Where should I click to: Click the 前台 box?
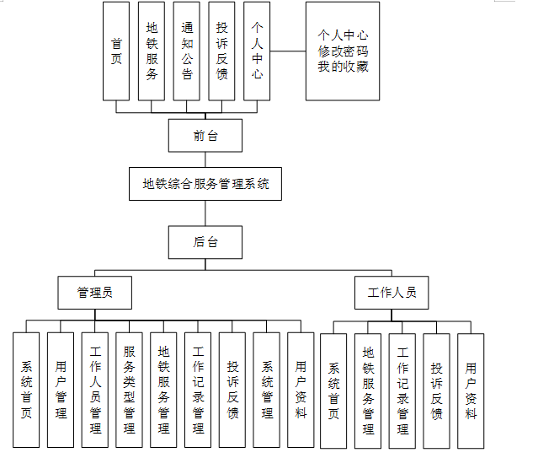[205, 136]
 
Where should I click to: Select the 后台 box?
[205, 242]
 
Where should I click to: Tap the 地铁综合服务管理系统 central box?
[205, 183]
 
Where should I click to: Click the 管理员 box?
[94, 293]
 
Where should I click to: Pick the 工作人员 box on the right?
[392, 293]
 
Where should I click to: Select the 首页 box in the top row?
[116, 51]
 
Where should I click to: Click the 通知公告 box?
[187, 51]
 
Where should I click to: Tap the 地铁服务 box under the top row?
[152, 51]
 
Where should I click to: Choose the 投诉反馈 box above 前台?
[221, 51]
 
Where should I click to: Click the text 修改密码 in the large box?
[343, 51]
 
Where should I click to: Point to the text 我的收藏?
[343, 67]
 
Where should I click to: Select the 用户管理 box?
[61, 390]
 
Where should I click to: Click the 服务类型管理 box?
[129, 390]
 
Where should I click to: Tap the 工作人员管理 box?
[95, 390]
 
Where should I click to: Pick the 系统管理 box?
[266, 390]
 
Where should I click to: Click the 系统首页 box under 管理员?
[26, 390]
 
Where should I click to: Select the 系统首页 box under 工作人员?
[333, 390]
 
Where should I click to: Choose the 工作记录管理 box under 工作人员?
[402, 390]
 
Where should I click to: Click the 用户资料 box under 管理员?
[301, 390]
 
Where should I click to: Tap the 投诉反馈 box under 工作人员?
[436, 390]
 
